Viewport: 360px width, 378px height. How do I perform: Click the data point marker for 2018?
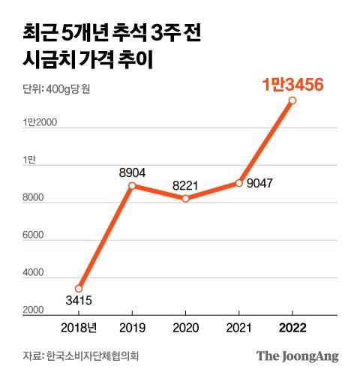pyautogui.click(x=79, y=289)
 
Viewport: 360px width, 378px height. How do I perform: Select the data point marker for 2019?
pyautogui.click(x=132, y=186)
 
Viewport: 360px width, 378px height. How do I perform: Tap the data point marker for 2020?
pyautogui.click(x=185, y=199)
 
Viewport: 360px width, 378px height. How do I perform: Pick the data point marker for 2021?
pyautogui.click(x=238, y=183)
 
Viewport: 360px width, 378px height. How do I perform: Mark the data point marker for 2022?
pyautogui.click(x=292, y=100)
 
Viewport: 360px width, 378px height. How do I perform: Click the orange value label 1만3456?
pyautogui.click(x=292, y=85)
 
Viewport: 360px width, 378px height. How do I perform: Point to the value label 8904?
pyautogui.click(x=132, y=173)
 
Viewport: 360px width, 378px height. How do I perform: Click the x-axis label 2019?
pyautogui.click(x=132, y=328)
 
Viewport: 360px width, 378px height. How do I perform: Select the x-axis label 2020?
pyautogui.click(x=185, y=328)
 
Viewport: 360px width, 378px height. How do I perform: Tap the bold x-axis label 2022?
pyautogui.click(x=292, y=328)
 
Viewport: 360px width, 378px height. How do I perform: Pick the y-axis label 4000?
pyautogui.click(x=34, y=274)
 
